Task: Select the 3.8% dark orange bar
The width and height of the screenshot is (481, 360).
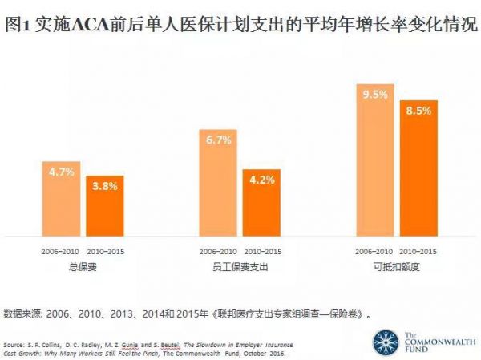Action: [x=105, y=206]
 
